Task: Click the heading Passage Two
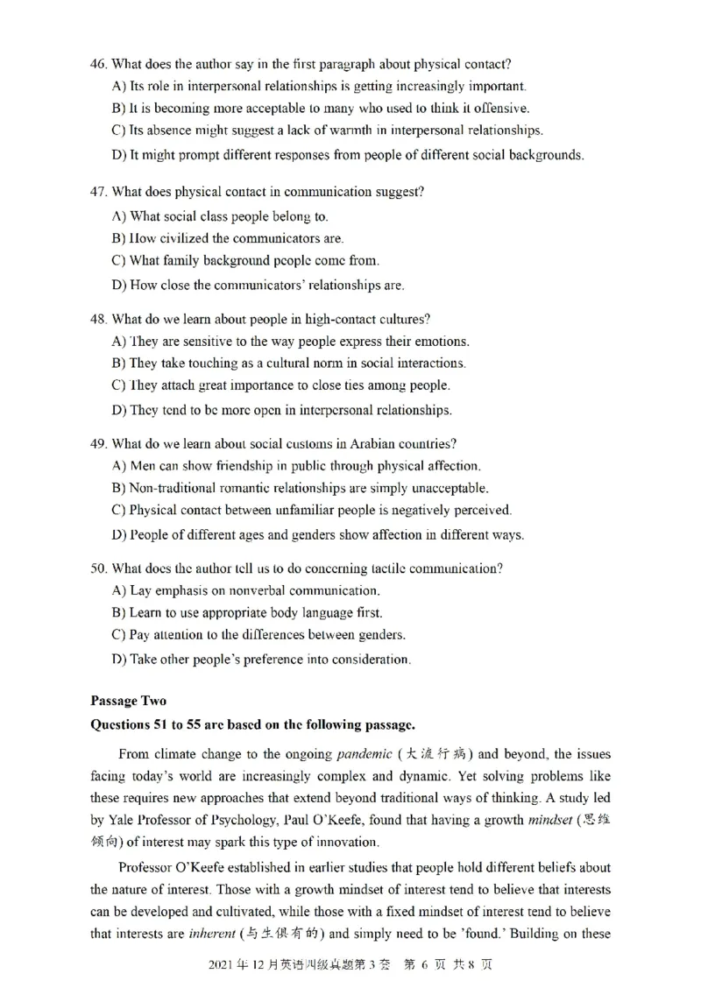pos(128,701)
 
